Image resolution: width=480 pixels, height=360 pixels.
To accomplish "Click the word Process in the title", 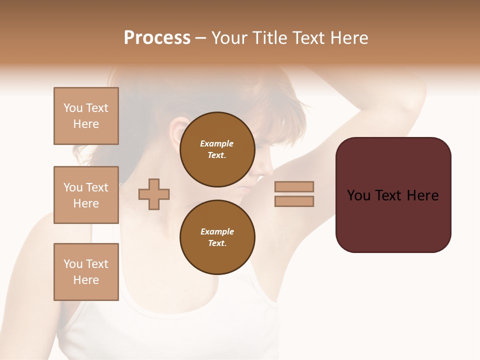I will tap(157, 38).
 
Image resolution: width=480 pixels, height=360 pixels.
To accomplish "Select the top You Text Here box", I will tap(86, 116).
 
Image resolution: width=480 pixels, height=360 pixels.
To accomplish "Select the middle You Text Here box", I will tap(86, 195).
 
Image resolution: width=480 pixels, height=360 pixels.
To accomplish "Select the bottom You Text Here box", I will tap(86, 272).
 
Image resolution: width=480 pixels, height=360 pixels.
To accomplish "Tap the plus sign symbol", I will tap(154, 194).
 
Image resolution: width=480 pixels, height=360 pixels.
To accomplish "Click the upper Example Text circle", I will tap(217, 149).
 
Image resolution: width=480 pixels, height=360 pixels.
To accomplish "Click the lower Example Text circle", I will tap(217, 237).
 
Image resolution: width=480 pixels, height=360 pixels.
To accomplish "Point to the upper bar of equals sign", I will tap(294, 186).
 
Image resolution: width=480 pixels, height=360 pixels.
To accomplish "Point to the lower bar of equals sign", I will tap(294, 201).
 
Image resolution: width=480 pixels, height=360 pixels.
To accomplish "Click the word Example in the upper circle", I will tap(217, 143).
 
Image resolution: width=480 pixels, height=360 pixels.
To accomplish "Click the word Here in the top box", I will tap(86, 124).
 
